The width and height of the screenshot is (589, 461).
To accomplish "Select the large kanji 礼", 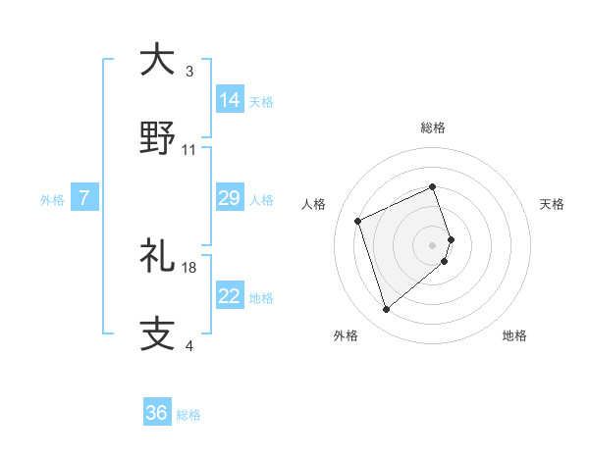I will pyautogui.click(x=158, y=256).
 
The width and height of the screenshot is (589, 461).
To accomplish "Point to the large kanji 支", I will pyautogui.click(x=158, y=333).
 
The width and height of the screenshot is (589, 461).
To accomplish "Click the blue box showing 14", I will pyautogui.click(x=230, y=99).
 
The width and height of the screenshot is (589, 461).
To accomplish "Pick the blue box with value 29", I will pyautogui.click(x=230, y=199).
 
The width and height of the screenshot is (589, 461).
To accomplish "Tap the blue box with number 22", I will pyautogui.click(x=230, y=296).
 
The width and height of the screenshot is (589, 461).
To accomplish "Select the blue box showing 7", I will pyautogui.click(x=84, y=199).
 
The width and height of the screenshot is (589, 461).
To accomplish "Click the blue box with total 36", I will pyautogui.click(x=157, y=413).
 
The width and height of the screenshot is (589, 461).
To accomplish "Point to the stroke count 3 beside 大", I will pyautogui.click(x=189, y=73).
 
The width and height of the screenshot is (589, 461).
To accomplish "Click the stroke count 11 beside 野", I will pyautogui.click(x=189, y=150).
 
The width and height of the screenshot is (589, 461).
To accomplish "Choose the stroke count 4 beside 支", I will pyautogui.click(x=189, y=346).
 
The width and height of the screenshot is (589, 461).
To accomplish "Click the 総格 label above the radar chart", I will pyautogui.click(x=433, y=128).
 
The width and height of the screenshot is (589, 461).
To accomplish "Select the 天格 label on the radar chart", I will pyautogui.click(x=553, y=204).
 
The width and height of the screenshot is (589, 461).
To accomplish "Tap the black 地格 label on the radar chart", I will pyautogui.click(x=514, y=335).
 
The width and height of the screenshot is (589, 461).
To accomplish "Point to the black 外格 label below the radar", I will pyautogui.click(x=346, y=335).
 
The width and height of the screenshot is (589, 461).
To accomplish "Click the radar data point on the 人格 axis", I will pyautogui.click(x=358, y=220).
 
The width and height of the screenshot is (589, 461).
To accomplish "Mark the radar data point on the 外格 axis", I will pyautogui.click(x=386, y=309).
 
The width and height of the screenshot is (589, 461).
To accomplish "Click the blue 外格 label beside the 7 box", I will pyautogui.click(x=52, y=200).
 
